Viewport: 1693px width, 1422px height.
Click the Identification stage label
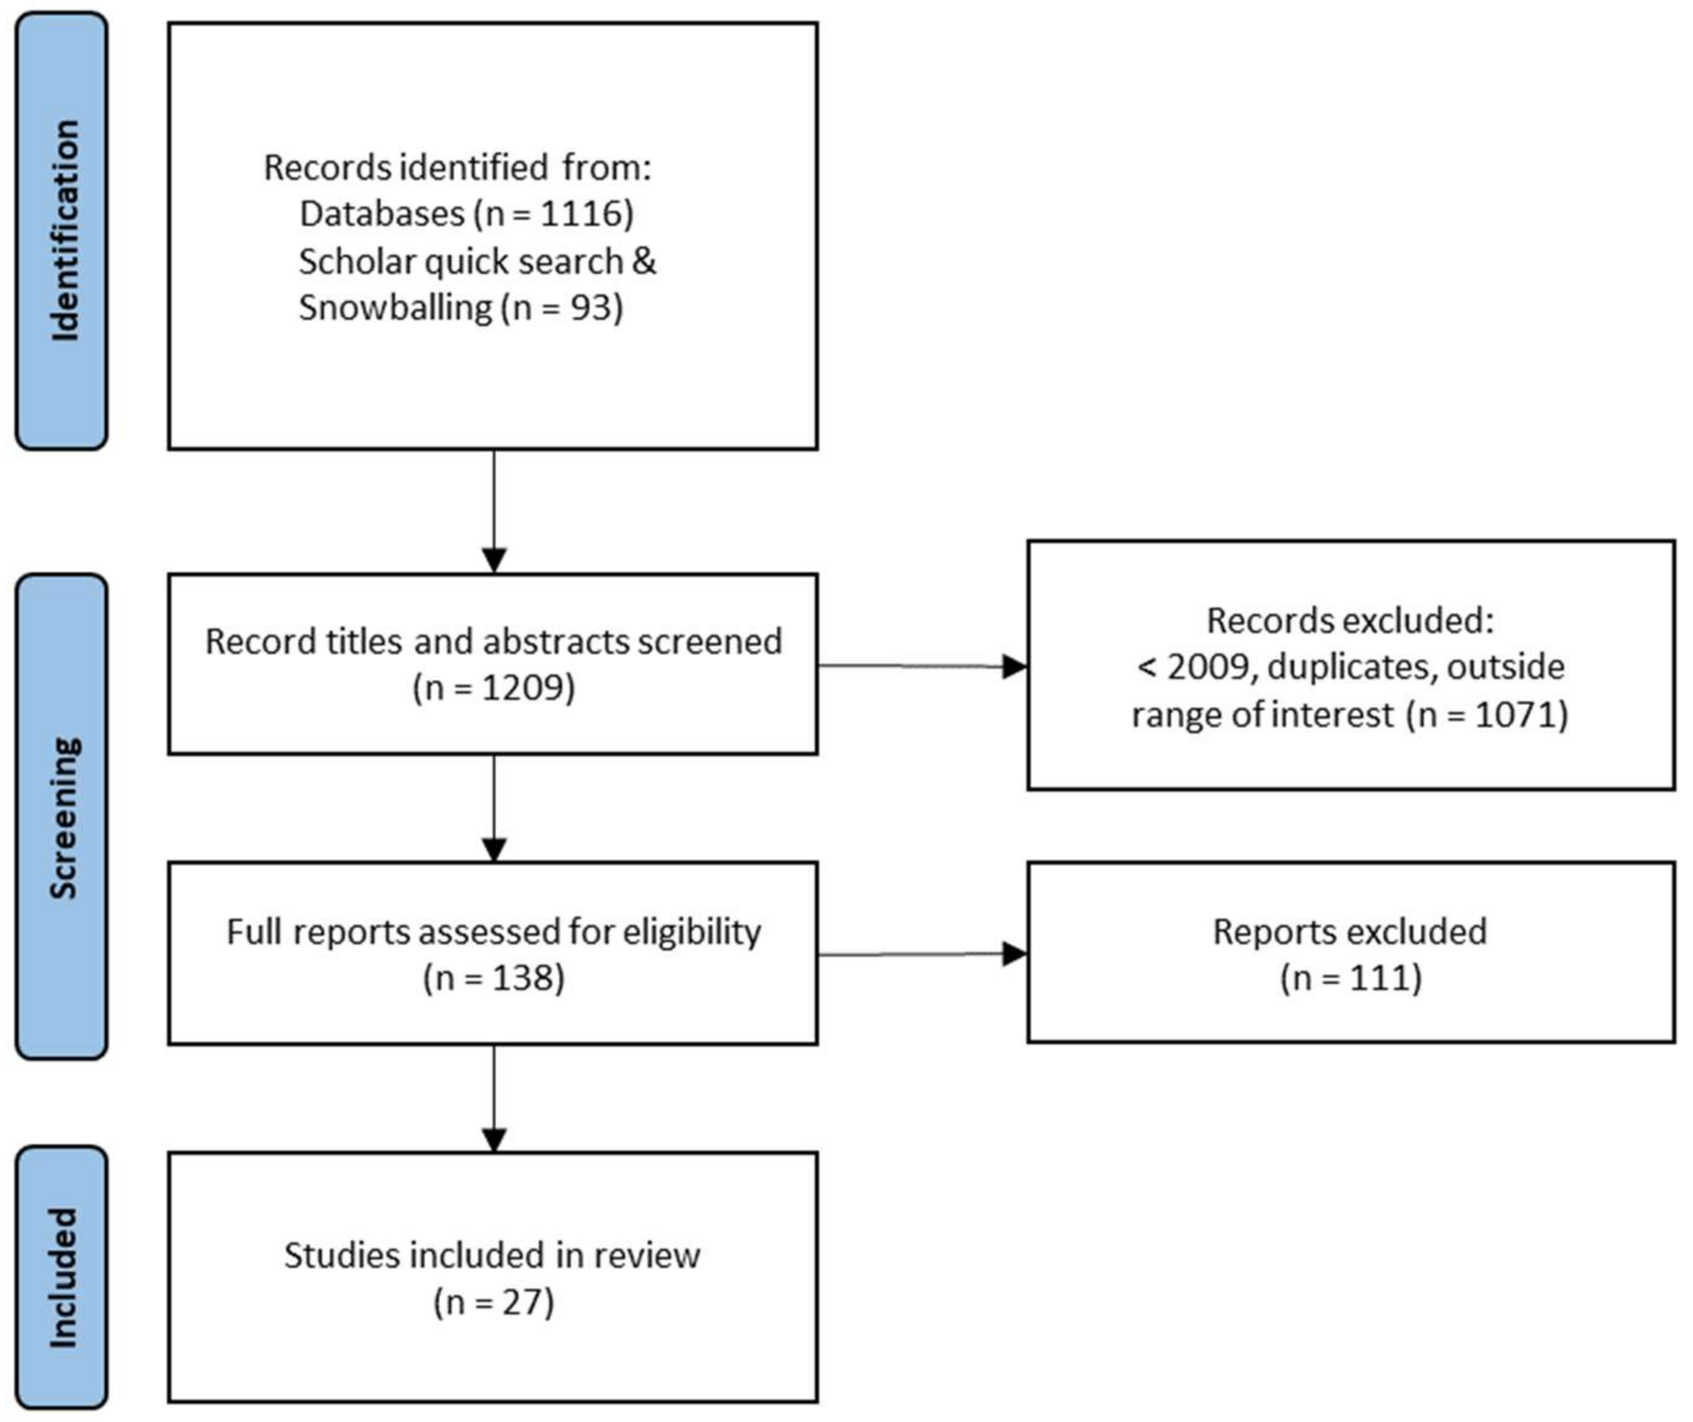(63, 231)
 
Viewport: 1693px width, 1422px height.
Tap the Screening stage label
(63, 817)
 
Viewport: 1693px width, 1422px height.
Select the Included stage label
(63, 1277)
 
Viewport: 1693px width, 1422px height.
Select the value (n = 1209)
(494, 688)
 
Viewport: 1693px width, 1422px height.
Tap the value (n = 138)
(494, 978)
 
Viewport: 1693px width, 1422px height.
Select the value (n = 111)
(1351, 978)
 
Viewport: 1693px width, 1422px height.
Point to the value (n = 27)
(494, 1302)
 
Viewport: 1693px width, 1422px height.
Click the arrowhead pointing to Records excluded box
(1014, 667)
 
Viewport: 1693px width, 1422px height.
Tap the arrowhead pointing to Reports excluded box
(1014, 955)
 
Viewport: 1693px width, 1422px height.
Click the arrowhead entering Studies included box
(494, 1139)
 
